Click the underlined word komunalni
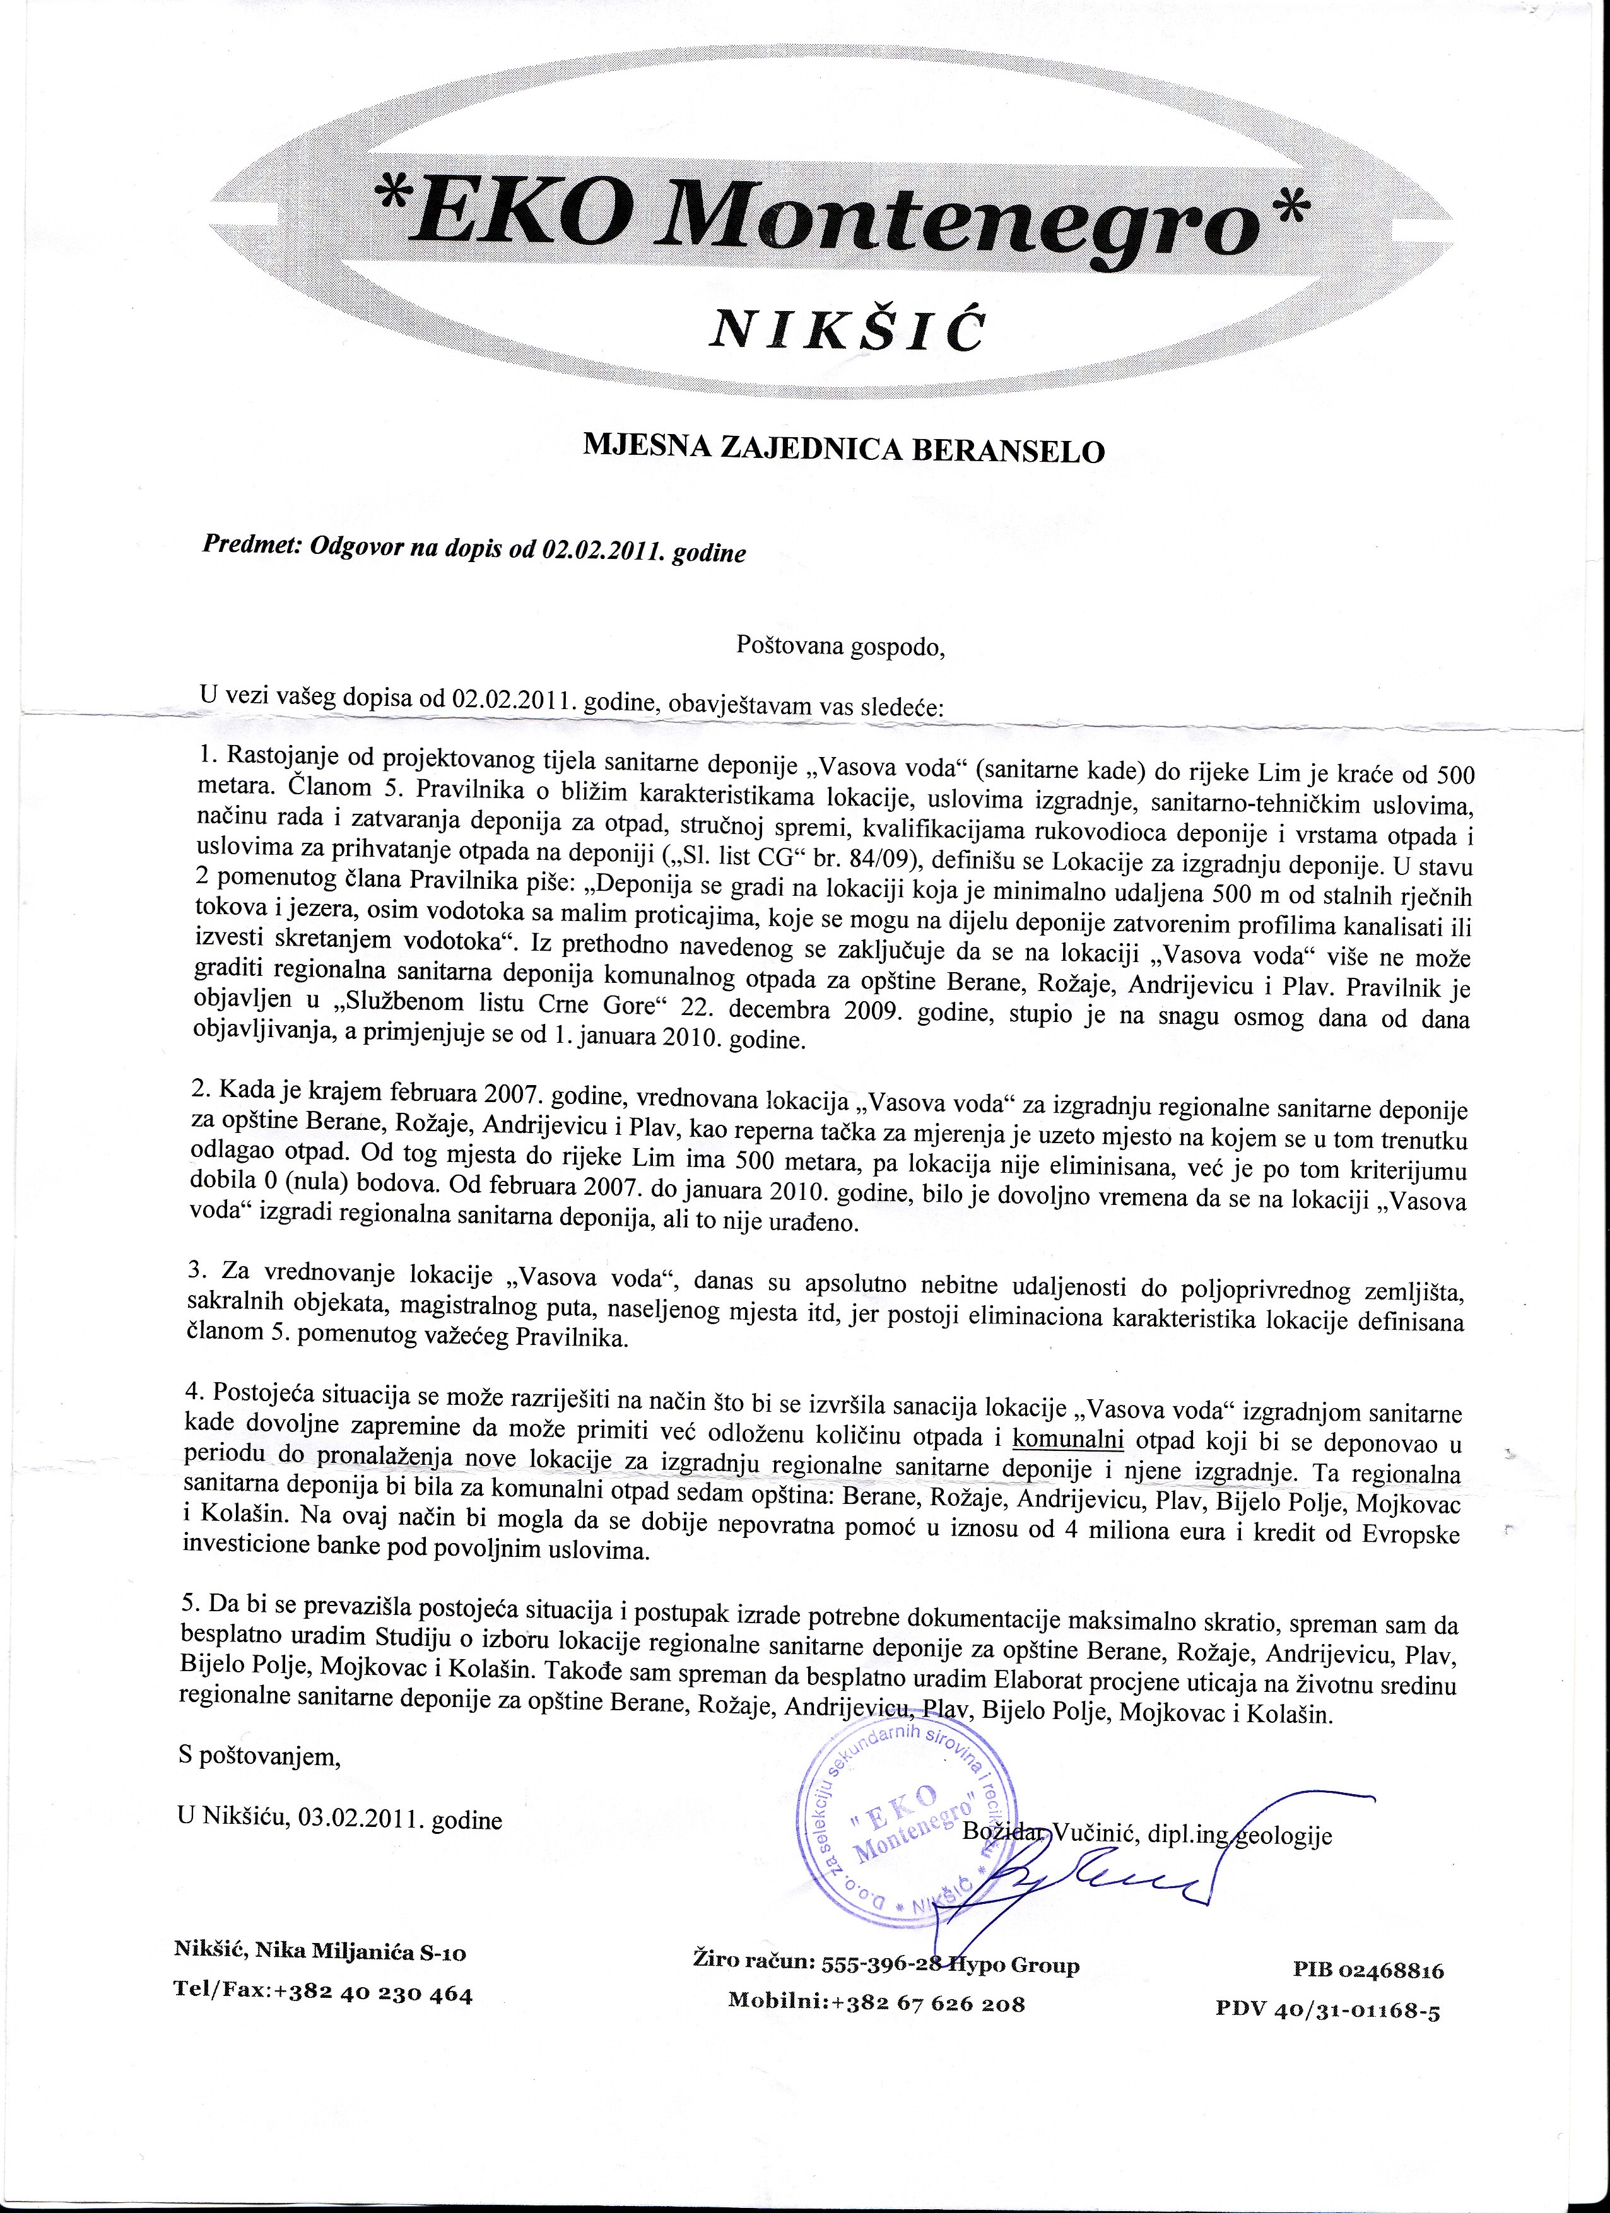[1069, 1440]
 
